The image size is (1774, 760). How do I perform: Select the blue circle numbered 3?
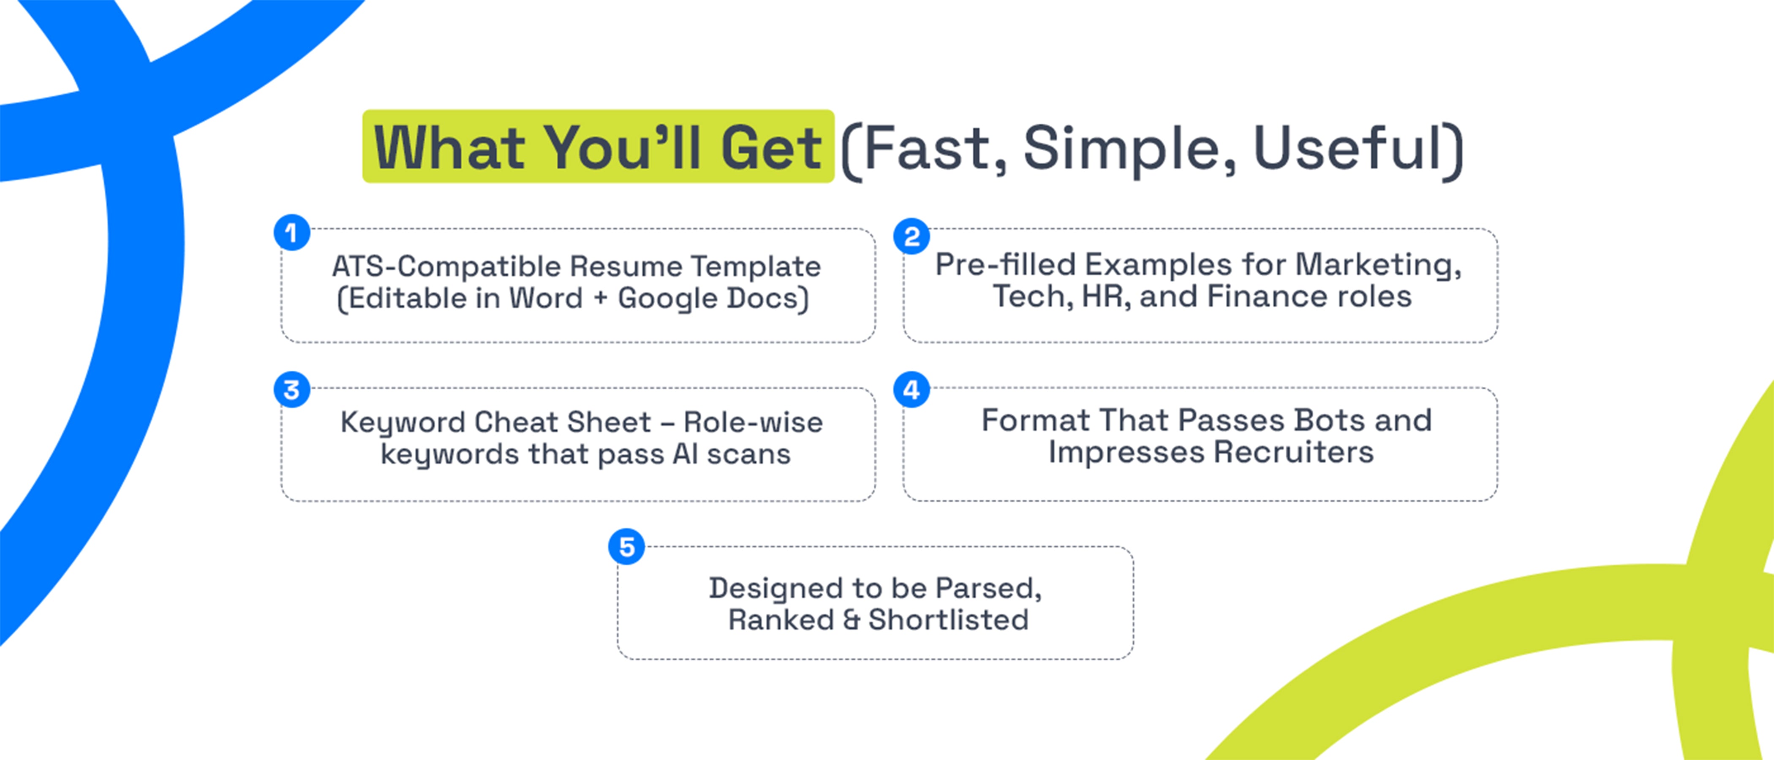(292, 390)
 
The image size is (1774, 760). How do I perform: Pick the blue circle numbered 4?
(912, 390)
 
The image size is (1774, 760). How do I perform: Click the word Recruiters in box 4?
(1293, 452)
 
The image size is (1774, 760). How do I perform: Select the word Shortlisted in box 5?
(948, 619)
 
